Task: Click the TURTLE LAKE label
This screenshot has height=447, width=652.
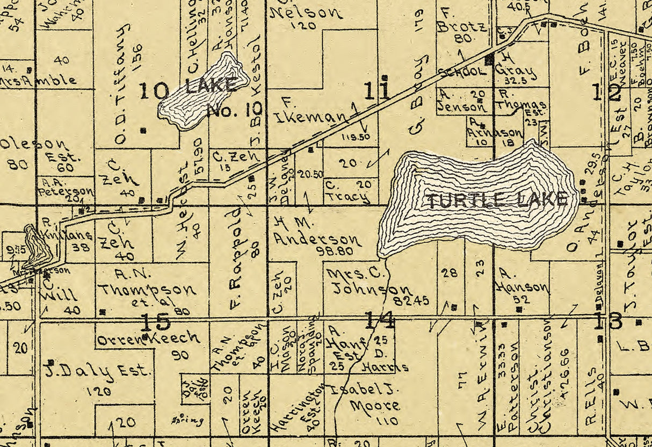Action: point(497,200)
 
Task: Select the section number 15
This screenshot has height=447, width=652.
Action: point(155,322)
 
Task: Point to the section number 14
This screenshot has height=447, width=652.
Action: point(379,320)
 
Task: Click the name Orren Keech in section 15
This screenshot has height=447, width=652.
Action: point(148,339)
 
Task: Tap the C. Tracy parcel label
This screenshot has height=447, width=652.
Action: point(348,191)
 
